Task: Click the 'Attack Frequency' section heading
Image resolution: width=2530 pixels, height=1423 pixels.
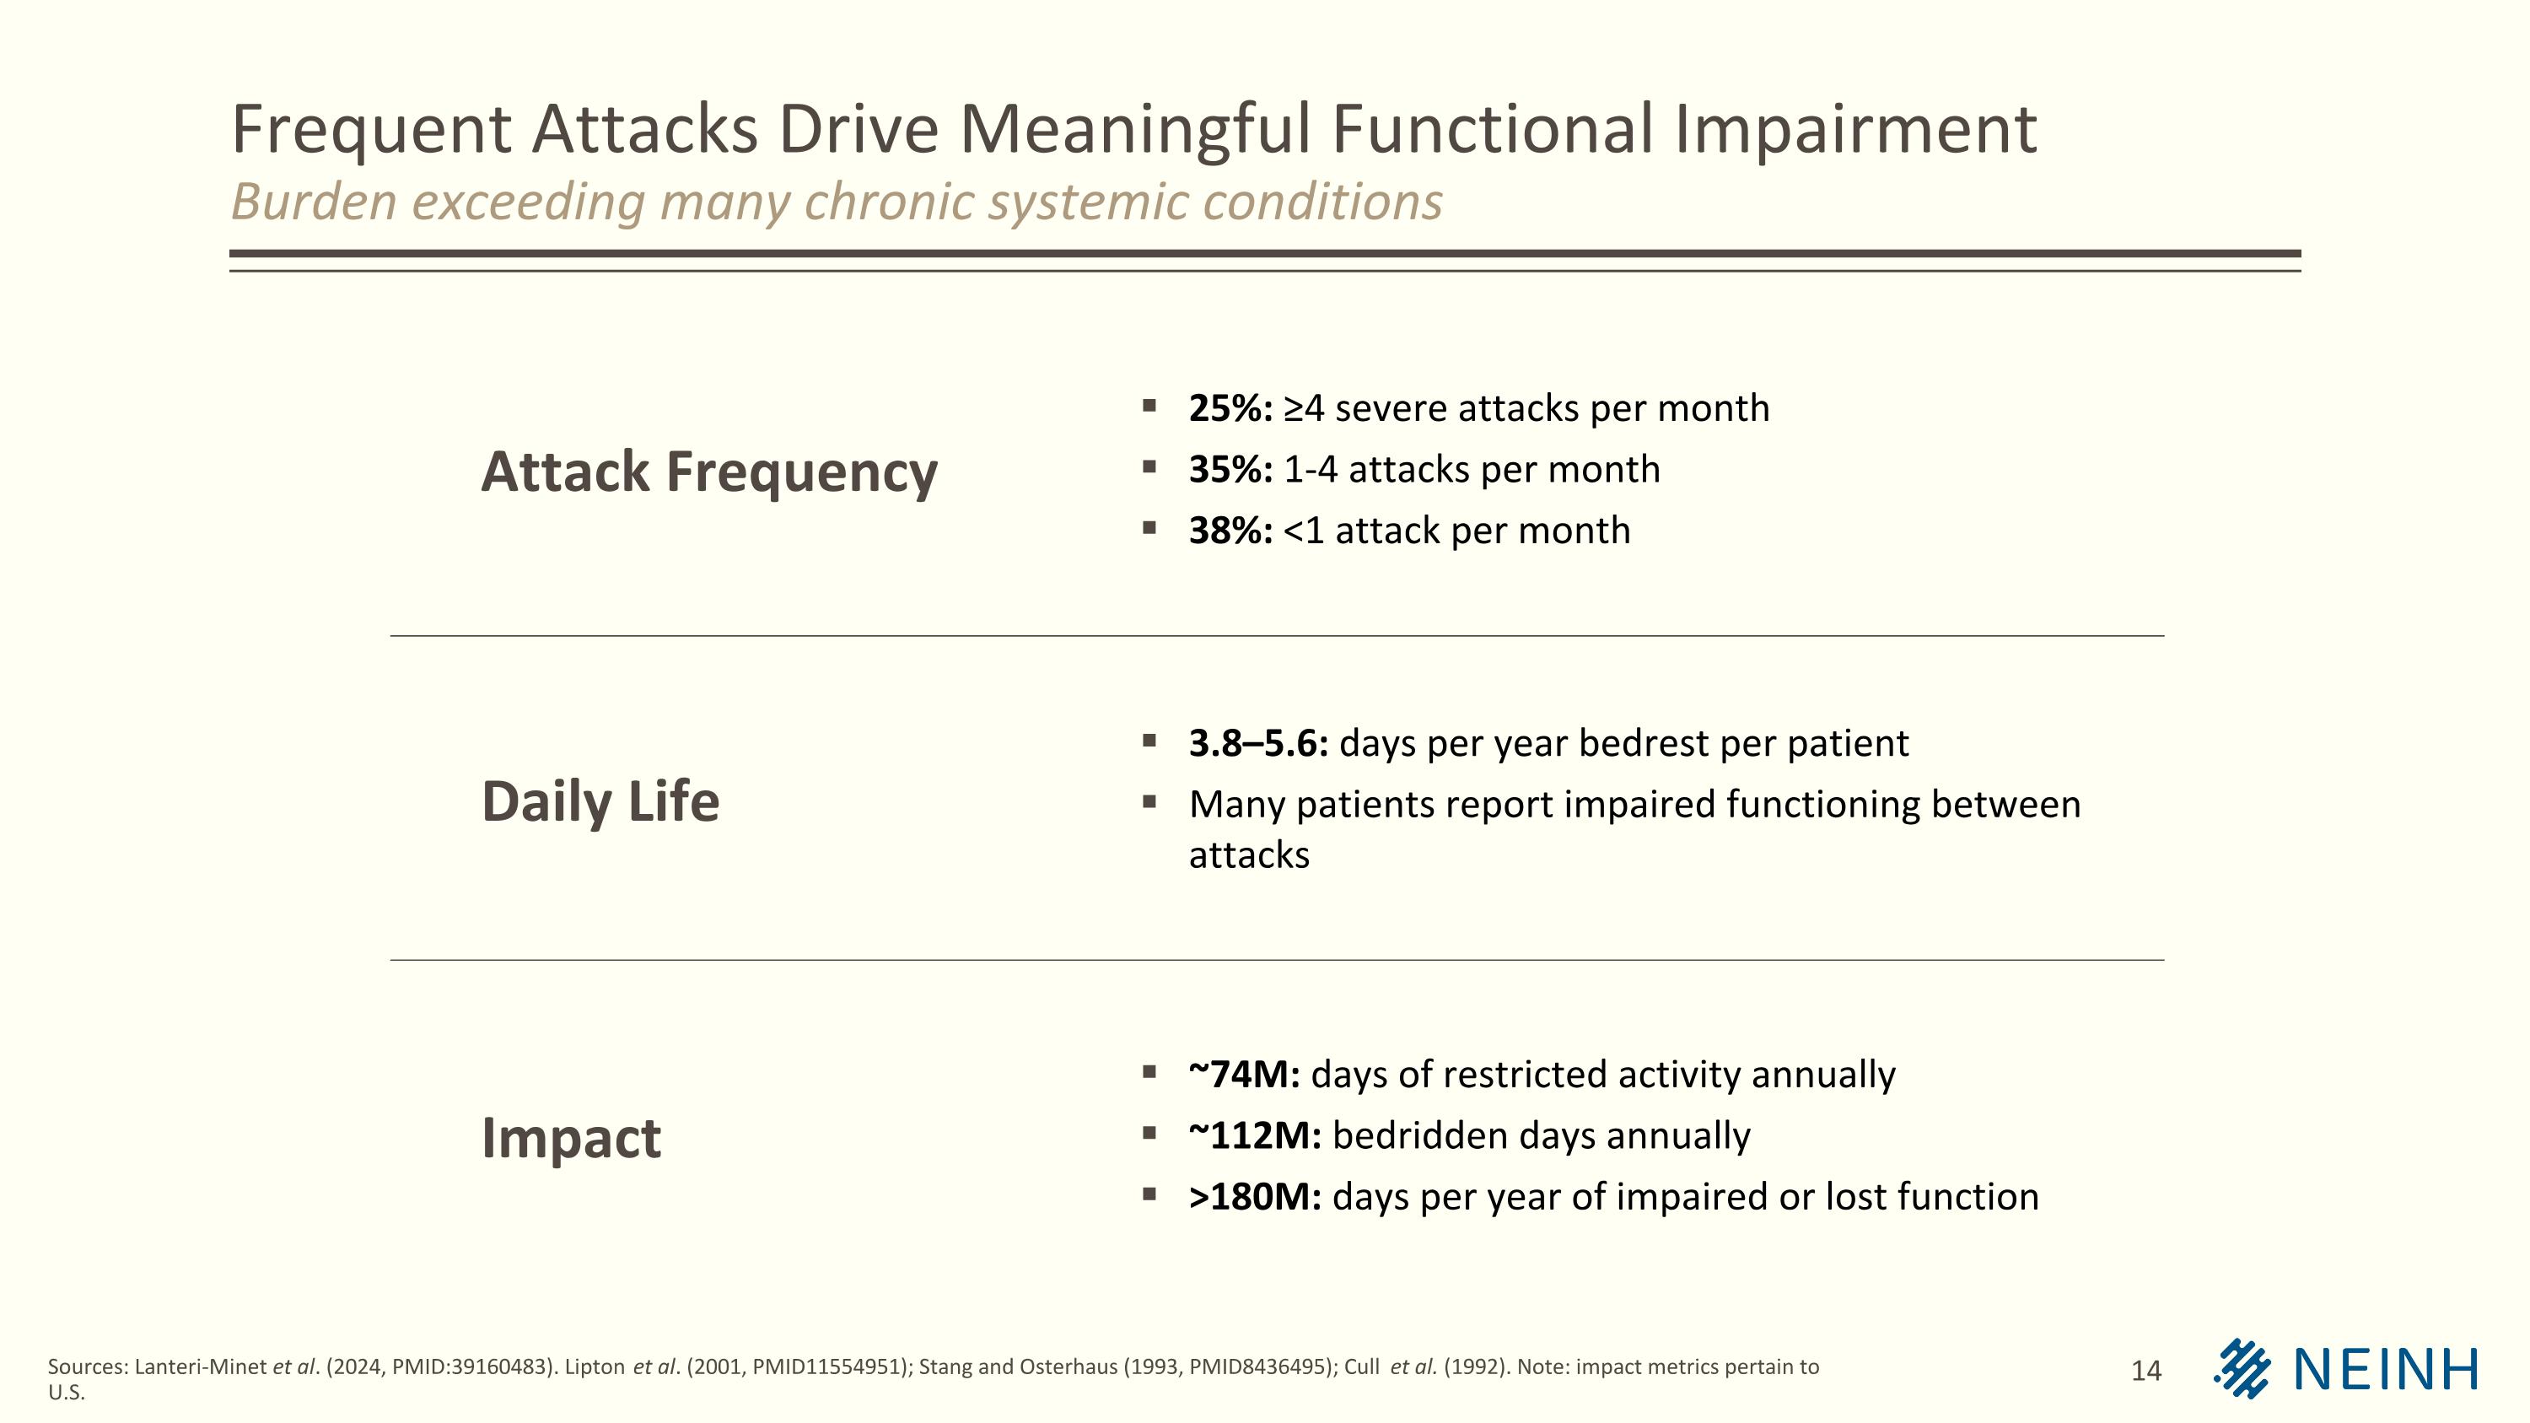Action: (x=708, y=472)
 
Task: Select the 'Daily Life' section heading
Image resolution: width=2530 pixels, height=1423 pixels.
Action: (x=600, y=801)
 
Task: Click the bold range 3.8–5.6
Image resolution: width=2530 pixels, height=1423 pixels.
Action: (x=1257, y=743)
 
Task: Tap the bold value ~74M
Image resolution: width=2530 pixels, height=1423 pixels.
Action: (x=1243, y=1075)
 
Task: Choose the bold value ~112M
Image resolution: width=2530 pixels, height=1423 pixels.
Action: (x=1254, y=1136)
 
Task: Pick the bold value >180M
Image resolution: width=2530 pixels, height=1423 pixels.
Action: (x=1254, y=1197)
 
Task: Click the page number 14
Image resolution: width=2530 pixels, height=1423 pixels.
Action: (x=2146, y=1371)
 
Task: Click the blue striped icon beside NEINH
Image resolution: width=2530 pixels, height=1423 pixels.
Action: (x=2242, y=1368)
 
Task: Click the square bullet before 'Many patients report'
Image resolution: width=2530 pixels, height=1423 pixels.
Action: (x=1149, y=802)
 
